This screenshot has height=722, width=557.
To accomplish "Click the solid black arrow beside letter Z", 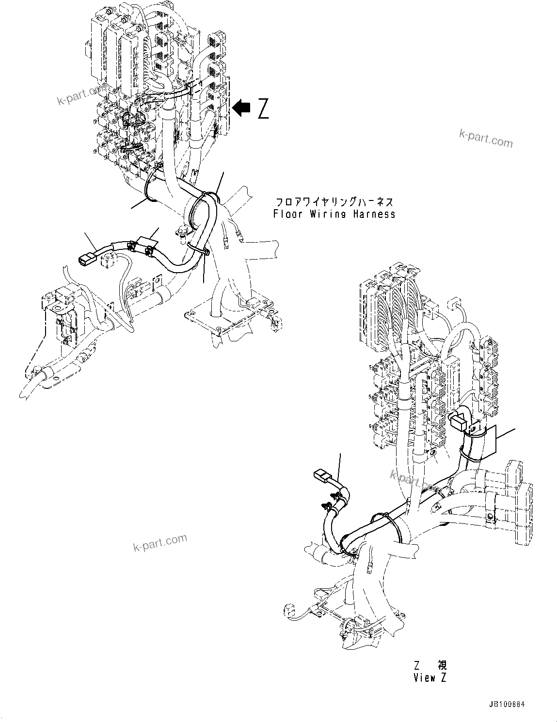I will click(241, 108).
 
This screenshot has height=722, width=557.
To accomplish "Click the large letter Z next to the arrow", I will click(263, 108).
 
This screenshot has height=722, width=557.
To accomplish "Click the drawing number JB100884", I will click(507, 704).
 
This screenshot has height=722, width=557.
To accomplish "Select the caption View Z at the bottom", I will click(430, 677).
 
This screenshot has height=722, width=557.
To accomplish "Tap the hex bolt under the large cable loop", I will click(182, 233).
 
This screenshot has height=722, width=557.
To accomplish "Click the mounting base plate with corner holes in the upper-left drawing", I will click(228, 320).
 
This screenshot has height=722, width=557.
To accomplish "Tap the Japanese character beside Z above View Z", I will click(441, 665).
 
